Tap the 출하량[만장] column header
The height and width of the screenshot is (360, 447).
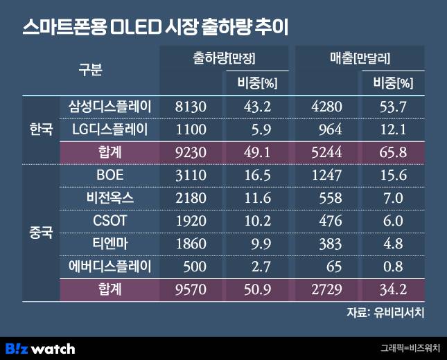pos(223,60)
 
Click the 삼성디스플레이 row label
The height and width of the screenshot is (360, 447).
pos(110,107)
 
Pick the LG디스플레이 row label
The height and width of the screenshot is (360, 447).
pos(110,129)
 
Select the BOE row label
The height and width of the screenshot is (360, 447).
pos(110,176)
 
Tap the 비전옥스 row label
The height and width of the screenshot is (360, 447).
pos(110,198)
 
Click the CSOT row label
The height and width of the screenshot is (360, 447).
pos(110,221)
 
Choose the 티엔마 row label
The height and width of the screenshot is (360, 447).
pos(110,243)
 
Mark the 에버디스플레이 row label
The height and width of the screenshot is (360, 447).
pos(110,266)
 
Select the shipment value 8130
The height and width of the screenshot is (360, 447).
pos(191,107)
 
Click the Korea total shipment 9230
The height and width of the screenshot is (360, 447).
pos(191,152)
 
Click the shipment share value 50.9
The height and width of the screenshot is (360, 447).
pos(258,288)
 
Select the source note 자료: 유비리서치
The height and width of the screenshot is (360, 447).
pos(385,312)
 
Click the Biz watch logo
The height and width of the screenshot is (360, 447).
pos(40,348)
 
